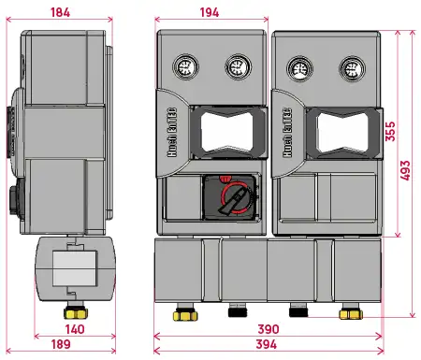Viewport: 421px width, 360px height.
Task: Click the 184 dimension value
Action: pyautogui.click(x=72, y=12)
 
